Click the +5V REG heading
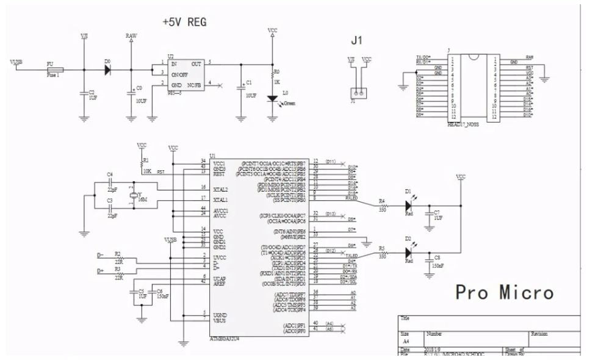coord(184,22)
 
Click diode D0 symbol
coord(107,69)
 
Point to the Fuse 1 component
coord(52,69)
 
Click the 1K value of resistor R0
coord(276,81)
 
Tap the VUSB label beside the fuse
coord(17,62)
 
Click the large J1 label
coord(357,41)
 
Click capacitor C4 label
coord(110,175)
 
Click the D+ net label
coord(101,270)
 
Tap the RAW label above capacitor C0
coord(131,37)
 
